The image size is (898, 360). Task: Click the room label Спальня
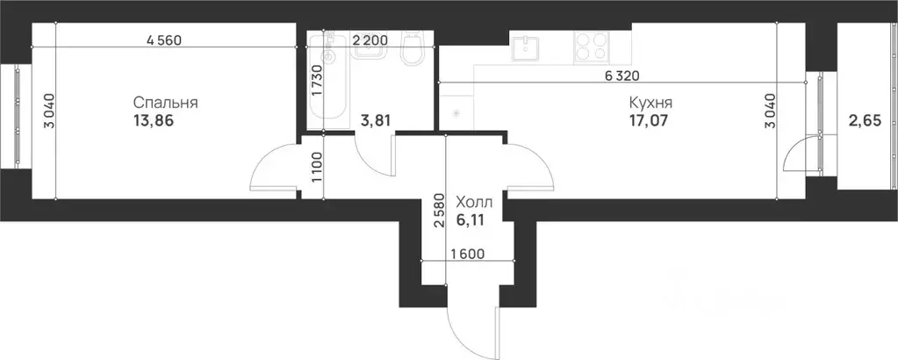click(166, 103)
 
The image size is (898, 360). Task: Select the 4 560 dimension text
click(170, 40)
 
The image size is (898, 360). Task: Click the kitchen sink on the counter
click(528, 47)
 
